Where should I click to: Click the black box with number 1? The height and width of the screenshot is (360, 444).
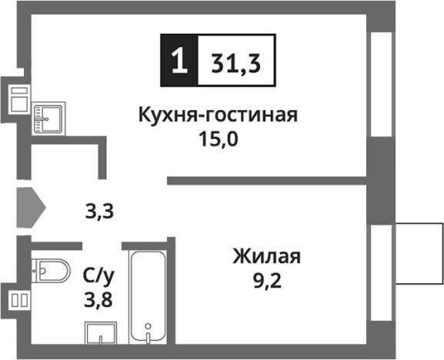pos(179,61)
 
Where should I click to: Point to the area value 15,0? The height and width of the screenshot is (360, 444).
pos(218,142)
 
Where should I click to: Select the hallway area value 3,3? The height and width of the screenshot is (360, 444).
pos(99,209)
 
